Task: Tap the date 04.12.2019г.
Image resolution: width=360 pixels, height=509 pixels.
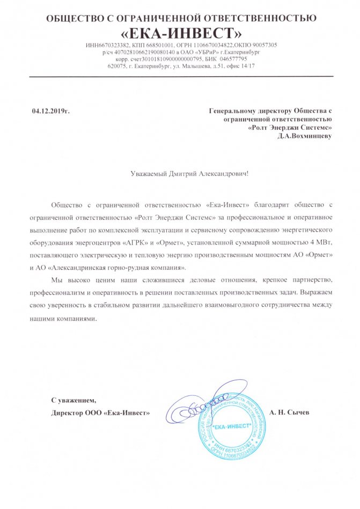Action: point(51,111)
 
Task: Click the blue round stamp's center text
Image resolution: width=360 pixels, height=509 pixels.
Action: point(232,427)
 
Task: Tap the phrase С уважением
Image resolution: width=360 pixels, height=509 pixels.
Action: point(74,400)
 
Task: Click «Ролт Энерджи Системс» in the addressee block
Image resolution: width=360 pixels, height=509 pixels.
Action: point(290,128)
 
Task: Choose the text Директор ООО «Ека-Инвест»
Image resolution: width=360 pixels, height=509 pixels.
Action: point(100,413)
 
